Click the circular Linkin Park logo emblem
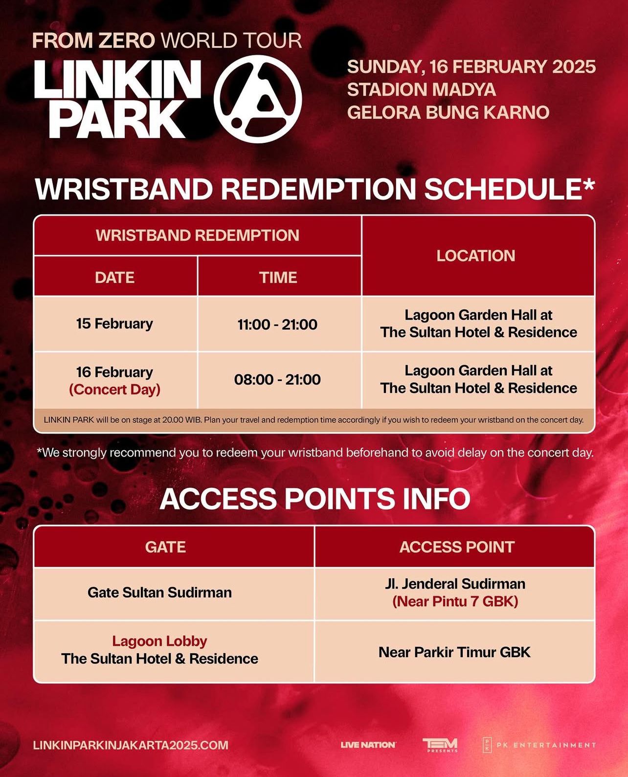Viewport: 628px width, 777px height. [x=257, y=99]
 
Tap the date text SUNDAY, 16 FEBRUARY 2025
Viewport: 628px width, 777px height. [x=471, y=67]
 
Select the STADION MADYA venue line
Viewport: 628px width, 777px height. [x=421, y=90]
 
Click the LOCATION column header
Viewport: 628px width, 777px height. [x=475, y=256]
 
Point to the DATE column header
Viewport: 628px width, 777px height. [x=115, y=277]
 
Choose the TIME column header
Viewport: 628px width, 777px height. [x=278, y=277]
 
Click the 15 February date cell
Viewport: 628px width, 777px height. [x=114, y=324]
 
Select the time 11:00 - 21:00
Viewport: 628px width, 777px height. [x=277, y=324]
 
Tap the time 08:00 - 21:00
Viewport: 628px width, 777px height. [x=277, y=380]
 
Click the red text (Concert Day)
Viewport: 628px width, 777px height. [x=115, y=389]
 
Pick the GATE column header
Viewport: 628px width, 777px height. [x=166, y=547]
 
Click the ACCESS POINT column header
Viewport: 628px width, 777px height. [x=457, y=547]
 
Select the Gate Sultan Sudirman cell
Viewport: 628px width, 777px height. [x=160, y=593]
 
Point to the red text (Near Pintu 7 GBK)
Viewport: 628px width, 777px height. [x=455, y=601]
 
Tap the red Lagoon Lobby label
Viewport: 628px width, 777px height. [x=159, y=641]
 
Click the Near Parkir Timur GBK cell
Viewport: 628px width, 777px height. [x=454, y=652]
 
